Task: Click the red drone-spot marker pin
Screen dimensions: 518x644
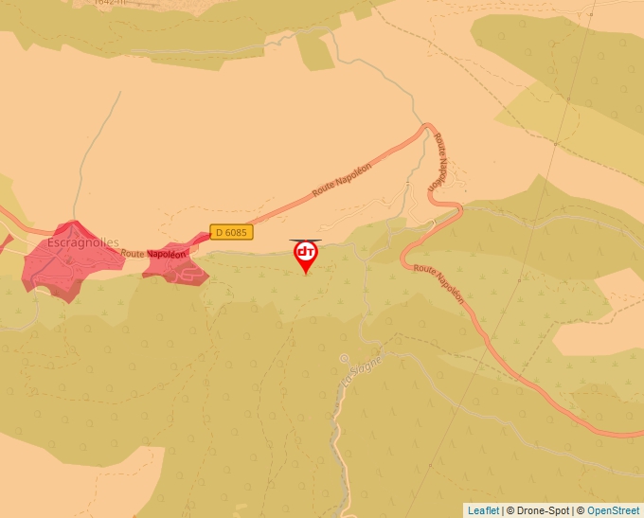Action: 305,255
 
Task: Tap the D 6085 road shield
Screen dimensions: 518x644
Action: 231,232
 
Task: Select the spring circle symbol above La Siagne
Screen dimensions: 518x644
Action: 344,358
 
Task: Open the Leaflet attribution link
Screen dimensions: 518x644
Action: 483,510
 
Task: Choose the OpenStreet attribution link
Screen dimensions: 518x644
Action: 613,510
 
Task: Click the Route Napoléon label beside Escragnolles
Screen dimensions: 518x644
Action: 152,254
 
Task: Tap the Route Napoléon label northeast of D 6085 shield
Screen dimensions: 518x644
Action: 342,179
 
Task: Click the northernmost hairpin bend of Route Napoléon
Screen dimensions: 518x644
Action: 428,126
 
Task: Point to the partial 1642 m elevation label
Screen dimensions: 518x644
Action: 112,3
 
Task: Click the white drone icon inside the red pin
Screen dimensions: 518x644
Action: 305,252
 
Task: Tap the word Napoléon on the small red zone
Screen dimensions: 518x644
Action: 167,254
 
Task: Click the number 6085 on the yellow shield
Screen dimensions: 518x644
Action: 236,232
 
